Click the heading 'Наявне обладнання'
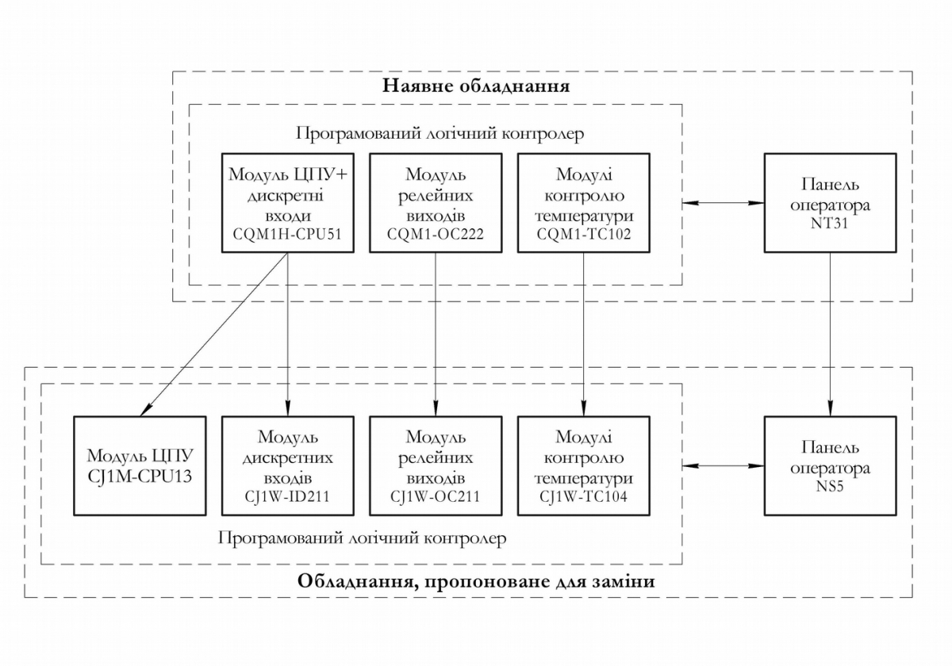click(x=476, y=86)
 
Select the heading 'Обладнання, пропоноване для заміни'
click(x=476, y=581)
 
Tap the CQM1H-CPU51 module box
click(x=287, y=203)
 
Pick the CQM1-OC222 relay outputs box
click(x=436, y=203)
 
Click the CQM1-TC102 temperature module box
click(x=584, y=203)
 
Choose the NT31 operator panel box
click(x=830, y=203)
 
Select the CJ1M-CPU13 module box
click(x=140, y=465)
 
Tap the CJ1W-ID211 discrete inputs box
click(x=287, y=465)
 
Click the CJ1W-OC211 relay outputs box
click(x=436, y=465)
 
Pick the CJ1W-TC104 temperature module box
click(x=584, y=465)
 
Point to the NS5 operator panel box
click(x=830, y=465)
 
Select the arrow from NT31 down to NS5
click(x=830, y=333)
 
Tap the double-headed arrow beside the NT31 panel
click(x=722, y=204)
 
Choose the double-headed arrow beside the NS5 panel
click(x=722, y=465)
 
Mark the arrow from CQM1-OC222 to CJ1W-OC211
click(x=436, y=333)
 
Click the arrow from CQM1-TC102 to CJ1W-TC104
click(x=584, y=333)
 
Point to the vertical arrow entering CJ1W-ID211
click(x=287, y=349)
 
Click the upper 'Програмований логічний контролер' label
click(x=440, y=133)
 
